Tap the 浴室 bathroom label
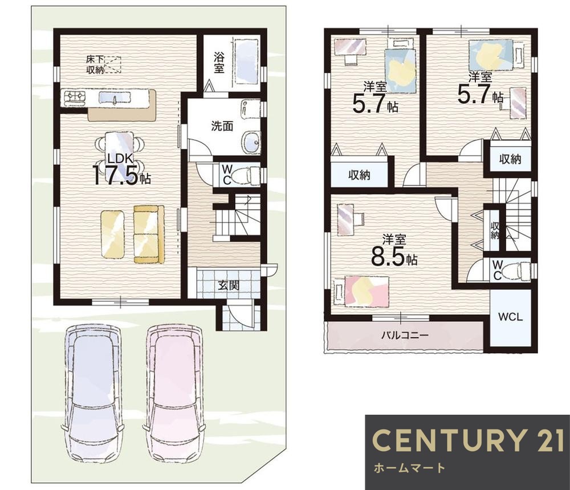point(218,63)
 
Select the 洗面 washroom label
point(222,126)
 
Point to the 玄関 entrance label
point(229,285)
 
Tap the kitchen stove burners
point(75,98)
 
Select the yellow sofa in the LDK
point(149,234)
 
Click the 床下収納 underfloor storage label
point(95,64)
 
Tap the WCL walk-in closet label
point(510,317)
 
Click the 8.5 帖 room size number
point(394,257)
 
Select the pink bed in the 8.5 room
point(366,290)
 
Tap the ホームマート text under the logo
point(409,467)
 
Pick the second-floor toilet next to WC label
point(520,271)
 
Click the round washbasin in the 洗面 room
point(250,140)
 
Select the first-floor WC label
point(227,175)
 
